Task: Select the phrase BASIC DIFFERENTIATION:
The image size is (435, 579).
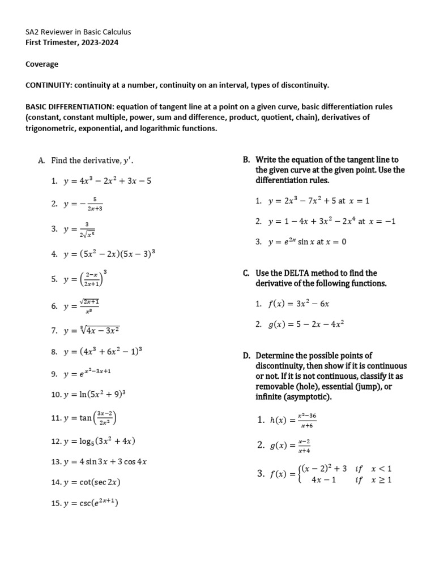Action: click(x=68, y=106)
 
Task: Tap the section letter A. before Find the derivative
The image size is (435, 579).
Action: click(x=41, y=161)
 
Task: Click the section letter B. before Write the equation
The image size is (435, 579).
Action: click(x=246, y=160)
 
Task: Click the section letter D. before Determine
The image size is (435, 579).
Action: click(x=247, y=356)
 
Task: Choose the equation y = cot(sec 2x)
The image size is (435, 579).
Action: click(x=92, y=482)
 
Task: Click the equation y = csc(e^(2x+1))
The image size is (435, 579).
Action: click(x=93, y=503)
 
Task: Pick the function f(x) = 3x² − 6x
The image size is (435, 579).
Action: click(x=300, y=304)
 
